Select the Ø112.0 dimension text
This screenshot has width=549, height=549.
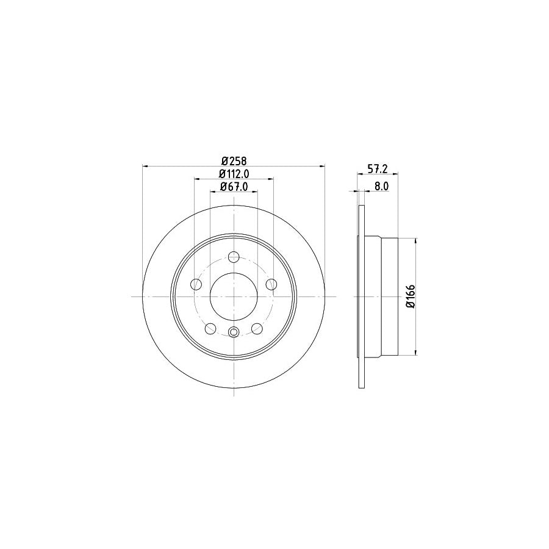(x=233, y=174)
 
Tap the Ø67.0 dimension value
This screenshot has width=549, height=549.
(x=233, y=187)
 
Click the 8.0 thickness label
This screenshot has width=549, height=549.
(x=381, y=187)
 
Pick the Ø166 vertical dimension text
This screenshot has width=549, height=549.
(x=411, y=296)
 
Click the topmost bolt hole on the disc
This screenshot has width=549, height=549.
(x=234, y=257)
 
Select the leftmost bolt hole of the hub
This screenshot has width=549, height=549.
(x=196, y=284)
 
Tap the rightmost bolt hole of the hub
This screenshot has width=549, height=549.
(x=271, y=284)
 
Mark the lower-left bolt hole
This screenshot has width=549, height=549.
(x=210, y=329)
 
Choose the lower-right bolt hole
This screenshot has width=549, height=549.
(x=257, y=329)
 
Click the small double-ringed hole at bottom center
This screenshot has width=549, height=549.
(x=234, y=332)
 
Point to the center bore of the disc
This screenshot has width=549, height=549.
(x=234, y=296)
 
